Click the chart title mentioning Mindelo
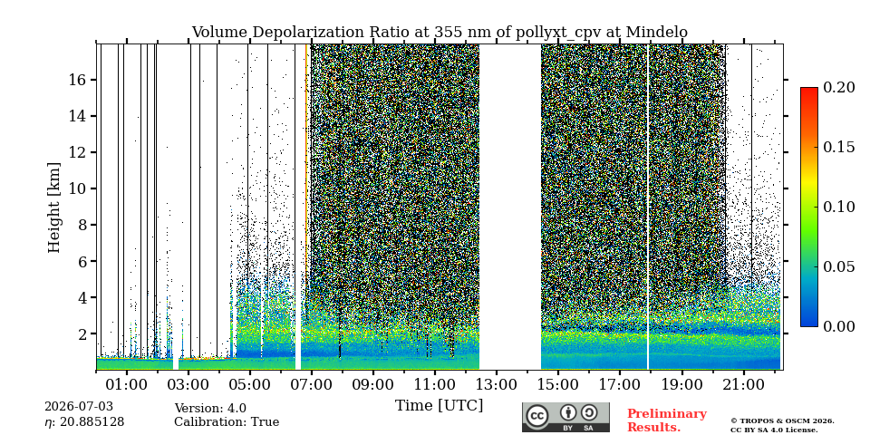[440, 33]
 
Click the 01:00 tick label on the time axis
[127, 383]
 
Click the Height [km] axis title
[53, 208]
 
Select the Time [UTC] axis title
[439, 406]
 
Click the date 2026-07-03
[79, 407]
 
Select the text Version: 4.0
[210, 409]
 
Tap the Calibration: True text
[227, 421]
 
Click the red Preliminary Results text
[667, 420]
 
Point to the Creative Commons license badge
[565, 417]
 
